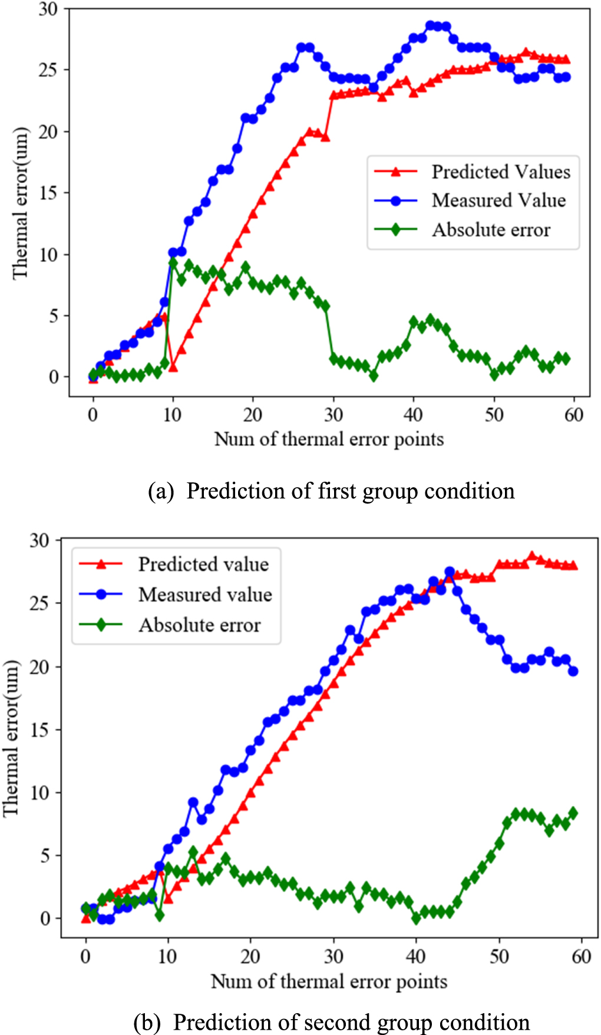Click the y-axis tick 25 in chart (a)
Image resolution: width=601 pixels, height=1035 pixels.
[x=48, y=70]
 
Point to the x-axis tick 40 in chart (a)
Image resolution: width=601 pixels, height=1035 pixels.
[x=413, y=415]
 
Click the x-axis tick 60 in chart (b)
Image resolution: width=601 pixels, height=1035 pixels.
[x=581, y=956]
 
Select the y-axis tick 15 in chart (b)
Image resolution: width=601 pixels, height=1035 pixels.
[x=40, y=730]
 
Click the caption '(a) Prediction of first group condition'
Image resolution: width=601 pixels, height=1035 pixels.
[x=331, y=491]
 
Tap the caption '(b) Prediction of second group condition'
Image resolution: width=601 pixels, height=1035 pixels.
[x=331, y=1022]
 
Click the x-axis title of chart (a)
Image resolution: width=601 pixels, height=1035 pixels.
[x=329, y=439]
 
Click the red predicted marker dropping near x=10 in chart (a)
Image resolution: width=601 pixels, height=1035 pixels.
[x=173, y=367]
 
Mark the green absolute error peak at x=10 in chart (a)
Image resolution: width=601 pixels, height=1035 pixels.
[x=173, y=262]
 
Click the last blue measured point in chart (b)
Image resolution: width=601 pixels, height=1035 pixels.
[x=573, y=671]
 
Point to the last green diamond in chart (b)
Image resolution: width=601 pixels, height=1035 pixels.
[x=573, y=813]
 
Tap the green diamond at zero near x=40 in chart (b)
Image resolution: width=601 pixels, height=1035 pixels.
[x=417, y=918]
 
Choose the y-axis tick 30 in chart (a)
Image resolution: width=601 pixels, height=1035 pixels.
[x=48, y=9]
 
